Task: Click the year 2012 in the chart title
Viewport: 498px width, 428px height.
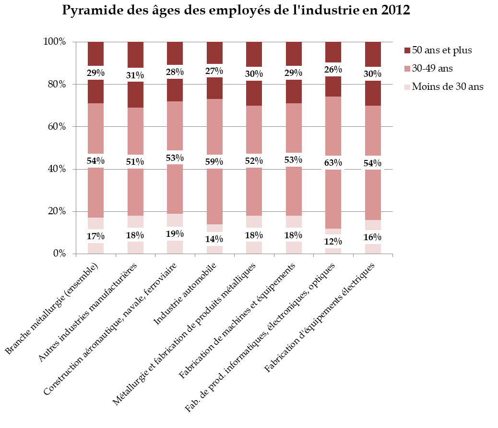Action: [394, 11]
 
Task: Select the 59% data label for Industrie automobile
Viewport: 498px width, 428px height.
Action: [214, 161]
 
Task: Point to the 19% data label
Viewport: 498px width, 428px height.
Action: [175, 234]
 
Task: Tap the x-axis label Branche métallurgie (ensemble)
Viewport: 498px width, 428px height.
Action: [53, 310]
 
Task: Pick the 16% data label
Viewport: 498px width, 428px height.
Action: [373, 237]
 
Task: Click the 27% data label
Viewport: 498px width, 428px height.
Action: [214, 71]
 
